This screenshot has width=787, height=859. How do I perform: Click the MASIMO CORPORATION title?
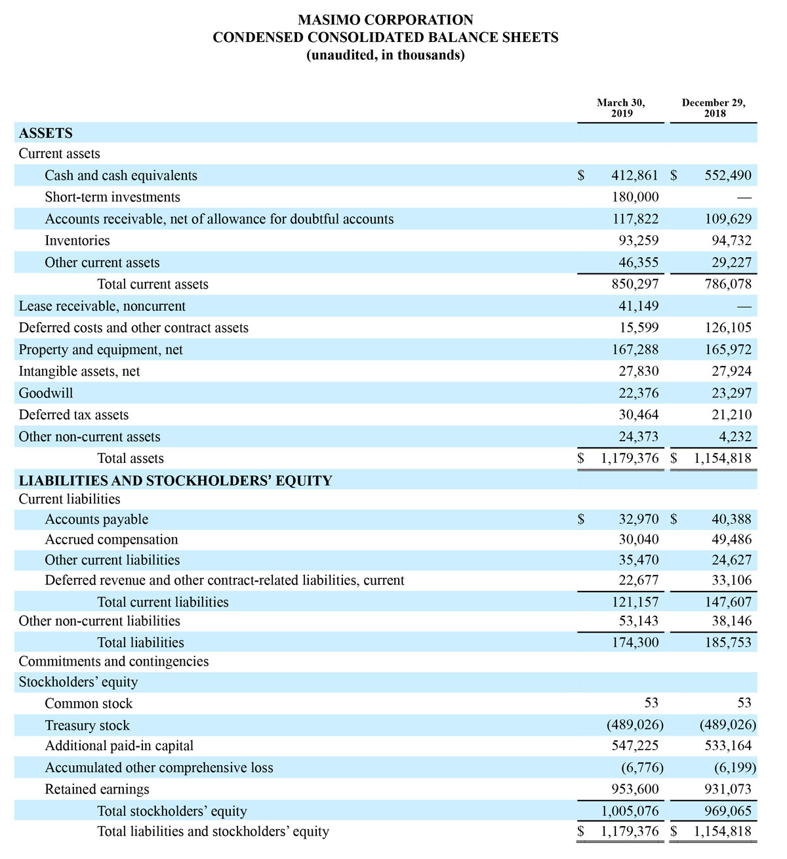[386, 20]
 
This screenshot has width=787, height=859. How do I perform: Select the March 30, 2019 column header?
[621, 108]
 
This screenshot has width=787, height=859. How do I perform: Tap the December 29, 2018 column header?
[714, 108]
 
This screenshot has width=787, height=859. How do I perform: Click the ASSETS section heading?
[46, 133]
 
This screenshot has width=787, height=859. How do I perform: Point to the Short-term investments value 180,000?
[635, 197]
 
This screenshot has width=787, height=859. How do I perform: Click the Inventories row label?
[77, 241]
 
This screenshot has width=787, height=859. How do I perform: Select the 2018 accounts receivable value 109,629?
[728, 219]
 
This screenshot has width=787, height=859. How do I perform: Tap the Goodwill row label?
[46, 393]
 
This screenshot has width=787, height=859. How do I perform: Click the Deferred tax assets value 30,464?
[639, 415]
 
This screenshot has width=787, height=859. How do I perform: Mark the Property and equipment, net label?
[101, 350]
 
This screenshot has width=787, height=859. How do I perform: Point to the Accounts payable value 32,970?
[639, 519]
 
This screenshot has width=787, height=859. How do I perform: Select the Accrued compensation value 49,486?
[732, 540]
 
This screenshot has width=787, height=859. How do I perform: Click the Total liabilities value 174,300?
[635, 643]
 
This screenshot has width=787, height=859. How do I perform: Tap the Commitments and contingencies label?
[114, 662]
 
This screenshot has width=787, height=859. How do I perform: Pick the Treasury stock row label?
[87, 726]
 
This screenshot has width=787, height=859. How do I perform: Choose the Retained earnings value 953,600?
[635, 789]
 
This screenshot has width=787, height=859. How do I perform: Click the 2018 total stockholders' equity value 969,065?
[728, 811]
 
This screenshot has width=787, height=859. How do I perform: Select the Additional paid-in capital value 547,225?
[635, 746]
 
